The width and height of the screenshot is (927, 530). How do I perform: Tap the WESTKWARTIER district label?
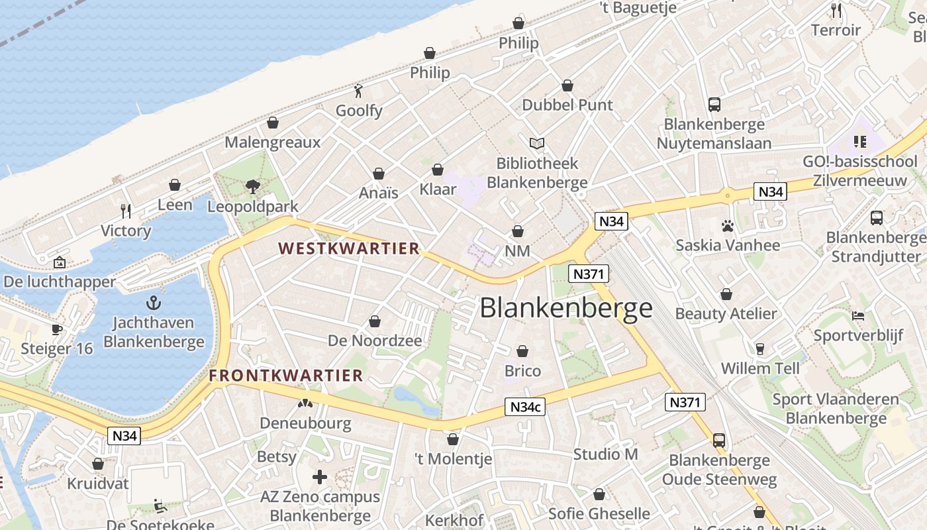[349, 249]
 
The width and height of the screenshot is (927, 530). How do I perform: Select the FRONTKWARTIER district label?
[286, 376]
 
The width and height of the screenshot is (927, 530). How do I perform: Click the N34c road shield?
[526, 407]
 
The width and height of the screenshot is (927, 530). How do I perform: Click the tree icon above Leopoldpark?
[252, 187]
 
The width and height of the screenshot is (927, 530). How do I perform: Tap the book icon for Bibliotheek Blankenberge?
[537, 143]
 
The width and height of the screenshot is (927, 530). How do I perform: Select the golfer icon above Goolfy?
[359, 90]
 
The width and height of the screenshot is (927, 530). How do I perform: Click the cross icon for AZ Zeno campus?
[320, 477]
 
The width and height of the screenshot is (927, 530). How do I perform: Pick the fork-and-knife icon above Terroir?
[836, 11]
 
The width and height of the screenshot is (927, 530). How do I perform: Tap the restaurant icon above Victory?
[126, 211]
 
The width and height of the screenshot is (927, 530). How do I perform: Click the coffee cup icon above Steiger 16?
[57, 329]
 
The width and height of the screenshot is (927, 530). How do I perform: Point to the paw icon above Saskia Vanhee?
[728, 226]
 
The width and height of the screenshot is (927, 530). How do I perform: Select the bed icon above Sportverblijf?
[858, 315]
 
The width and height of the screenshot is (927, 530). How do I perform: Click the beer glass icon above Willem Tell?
[760, 348]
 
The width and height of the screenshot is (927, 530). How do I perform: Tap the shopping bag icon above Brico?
[522, 351]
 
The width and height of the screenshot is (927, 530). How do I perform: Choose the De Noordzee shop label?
[375, 341]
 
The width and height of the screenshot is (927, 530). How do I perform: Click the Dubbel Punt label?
[567, 105]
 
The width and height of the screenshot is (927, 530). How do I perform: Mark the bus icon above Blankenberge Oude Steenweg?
[719, 440]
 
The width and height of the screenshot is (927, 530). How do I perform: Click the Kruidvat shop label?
[98, 484]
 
